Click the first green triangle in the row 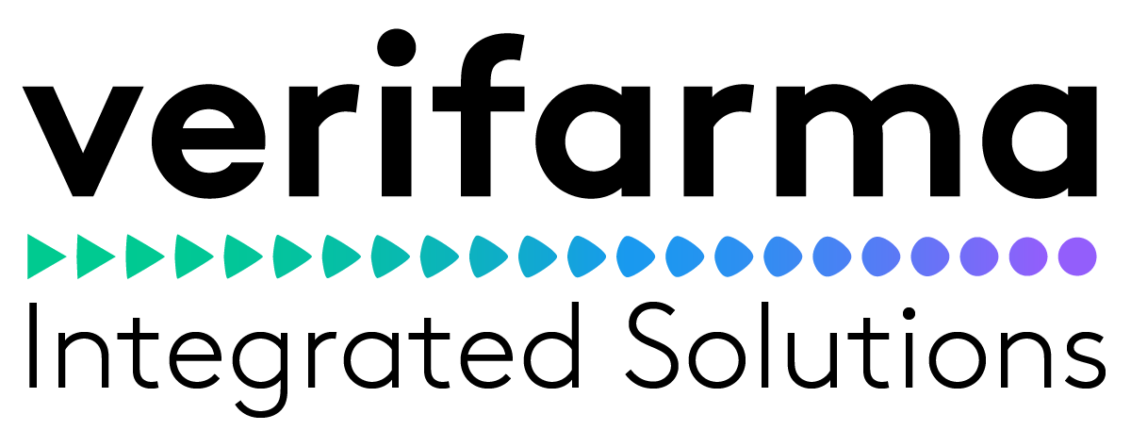46,255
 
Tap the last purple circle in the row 1076,255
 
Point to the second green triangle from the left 95,255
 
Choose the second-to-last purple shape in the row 1027,255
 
